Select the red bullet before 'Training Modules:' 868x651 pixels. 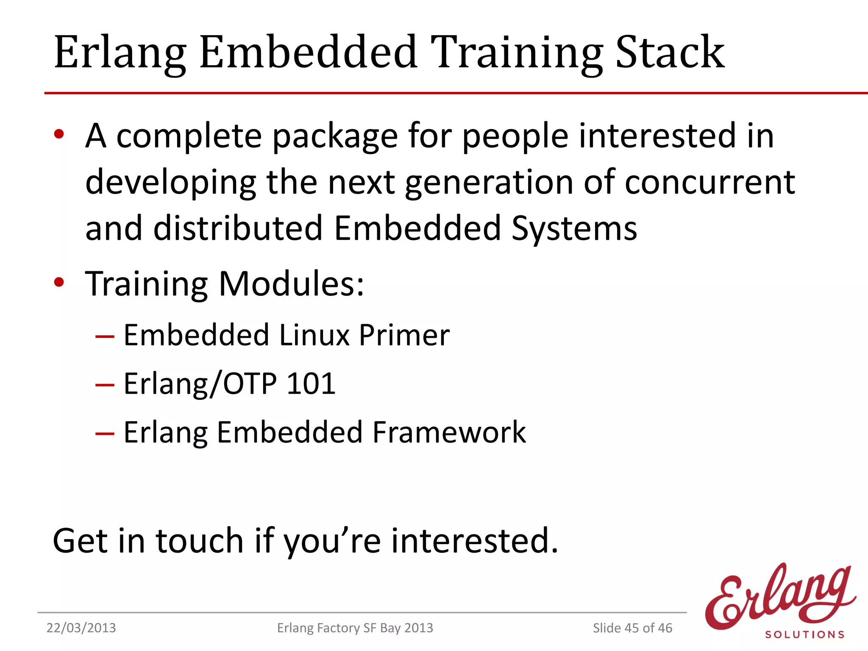pos(59,282)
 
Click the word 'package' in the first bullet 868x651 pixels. pos(335,136)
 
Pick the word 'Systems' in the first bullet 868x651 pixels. pos(574,229)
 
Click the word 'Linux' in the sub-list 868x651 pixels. pos(314,335)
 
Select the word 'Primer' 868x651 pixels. pos(404,335)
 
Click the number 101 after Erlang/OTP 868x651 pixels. pos(311,384)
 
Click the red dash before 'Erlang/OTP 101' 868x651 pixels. pos(105,385)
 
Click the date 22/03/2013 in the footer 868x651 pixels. pos(81,628)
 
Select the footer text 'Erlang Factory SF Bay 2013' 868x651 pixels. pos(355,628)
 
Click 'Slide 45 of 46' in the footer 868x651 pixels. pos(632,628)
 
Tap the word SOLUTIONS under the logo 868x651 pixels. pos(804,634)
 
